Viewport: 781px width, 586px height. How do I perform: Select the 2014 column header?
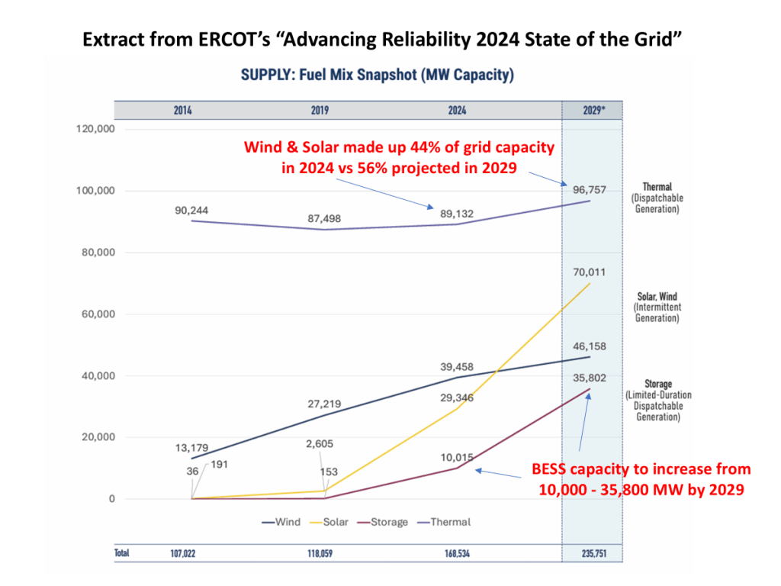click(x=182, y=110)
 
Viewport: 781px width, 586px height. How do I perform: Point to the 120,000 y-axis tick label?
click(x=95, y=129)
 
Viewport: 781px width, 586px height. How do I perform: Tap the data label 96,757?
click(x=590, y=189)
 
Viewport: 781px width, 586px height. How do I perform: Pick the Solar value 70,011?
click(x=590, y=271)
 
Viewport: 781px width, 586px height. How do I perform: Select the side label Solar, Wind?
click(x=657, y=297)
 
